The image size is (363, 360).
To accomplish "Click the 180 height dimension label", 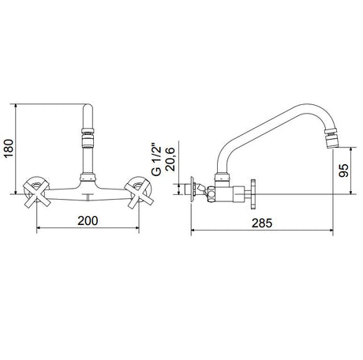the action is (x=9, y=148).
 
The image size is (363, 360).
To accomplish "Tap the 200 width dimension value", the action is (x=88, y=220).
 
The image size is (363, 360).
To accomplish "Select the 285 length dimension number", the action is (x=262, y=223).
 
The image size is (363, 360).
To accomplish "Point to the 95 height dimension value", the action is (x=343, y=171).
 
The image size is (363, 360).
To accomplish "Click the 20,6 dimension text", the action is (x=170, y=159).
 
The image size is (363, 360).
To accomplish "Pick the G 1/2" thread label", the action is (x=156, y=159).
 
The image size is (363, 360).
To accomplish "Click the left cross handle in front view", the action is (x=36, y=193).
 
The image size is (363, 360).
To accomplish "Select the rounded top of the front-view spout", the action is (x=88, y=108).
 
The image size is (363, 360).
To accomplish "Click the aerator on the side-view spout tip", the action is (x=331, y=138).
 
